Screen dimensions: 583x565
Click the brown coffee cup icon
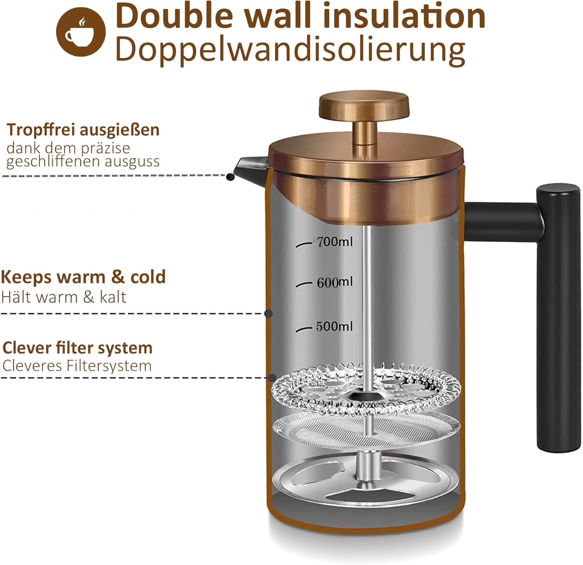tap(81, 32)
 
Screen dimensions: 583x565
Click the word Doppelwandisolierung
tap(290, 49)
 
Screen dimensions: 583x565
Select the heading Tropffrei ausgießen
tap(83, 130)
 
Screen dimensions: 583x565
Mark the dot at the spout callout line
tap(230, 177)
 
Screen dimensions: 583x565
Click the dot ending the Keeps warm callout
tap(268, 313)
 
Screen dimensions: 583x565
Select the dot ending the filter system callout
tap(272, 377)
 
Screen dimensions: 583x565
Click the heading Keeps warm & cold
tap(83, 277)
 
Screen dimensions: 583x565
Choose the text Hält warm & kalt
tap(64, 297)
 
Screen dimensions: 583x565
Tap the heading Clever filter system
tap(77, 348)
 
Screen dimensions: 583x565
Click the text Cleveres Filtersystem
tap(77, 366)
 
